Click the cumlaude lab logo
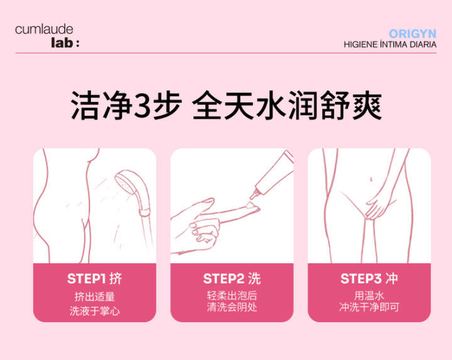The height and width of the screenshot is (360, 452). (x=47, y=36)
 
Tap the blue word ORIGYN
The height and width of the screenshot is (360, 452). (x=412, y=34)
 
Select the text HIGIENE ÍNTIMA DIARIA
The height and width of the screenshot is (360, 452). (x=390, y=45)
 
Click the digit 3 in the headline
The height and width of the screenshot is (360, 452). (x=143, y=105)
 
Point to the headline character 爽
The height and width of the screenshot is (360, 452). (x=367, y=105)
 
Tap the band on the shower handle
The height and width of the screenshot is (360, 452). (x=145, y=212)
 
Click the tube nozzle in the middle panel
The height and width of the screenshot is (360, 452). (x=255, y=194)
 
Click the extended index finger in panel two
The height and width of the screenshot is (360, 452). (x=230, y=215)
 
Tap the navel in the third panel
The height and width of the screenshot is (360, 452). (x=371, y=180)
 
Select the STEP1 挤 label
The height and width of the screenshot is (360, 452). (x=95, y=279)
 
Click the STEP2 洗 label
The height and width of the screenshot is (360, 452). (x=232, y=279)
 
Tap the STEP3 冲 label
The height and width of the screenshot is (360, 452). (x=369, y=279)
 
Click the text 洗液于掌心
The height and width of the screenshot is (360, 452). (x=95, y=311)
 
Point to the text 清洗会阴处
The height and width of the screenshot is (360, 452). (x=232, y=307)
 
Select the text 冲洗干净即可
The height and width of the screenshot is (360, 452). (x=369, y=307)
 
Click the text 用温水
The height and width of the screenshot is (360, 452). (x=369, y=296)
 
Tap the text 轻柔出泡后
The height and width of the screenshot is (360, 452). (x=232, y=296)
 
